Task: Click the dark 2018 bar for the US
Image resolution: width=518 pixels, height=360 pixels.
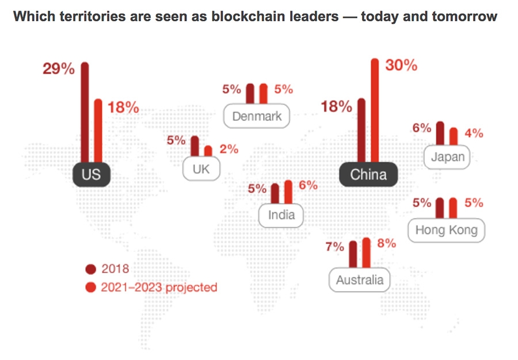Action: click(85, 112)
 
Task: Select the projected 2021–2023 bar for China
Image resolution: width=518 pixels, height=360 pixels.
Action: click(375, 109)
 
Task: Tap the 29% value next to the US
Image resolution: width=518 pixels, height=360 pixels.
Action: click(59, 69)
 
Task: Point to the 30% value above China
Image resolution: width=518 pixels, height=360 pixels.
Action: click(401, 65)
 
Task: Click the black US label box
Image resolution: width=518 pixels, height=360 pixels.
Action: click(91, 174)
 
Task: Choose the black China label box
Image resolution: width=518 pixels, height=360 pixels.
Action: click(368, 174)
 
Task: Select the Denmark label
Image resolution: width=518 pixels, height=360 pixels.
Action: click(257, 116)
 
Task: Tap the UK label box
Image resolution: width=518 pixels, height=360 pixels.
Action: click(201, 170)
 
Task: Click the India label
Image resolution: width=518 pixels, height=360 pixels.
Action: click(281, 215)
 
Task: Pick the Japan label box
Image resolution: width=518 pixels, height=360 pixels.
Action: click(447, 157)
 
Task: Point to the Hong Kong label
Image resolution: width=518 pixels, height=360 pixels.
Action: click(447, 230)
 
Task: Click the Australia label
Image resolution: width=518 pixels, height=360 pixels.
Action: click(359, 280)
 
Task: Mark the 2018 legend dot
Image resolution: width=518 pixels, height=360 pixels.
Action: click(90, 269)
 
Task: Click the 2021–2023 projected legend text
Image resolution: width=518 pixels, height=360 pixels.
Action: click(159, 286)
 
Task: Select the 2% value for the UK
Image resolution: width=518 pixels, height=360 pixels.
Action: click(228, 149)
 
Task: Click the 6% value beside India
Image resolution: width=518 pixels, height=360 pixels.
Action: click(308, 186)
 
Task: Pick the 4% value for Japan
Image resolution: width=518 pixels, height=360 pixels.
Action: click(474, 133)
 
